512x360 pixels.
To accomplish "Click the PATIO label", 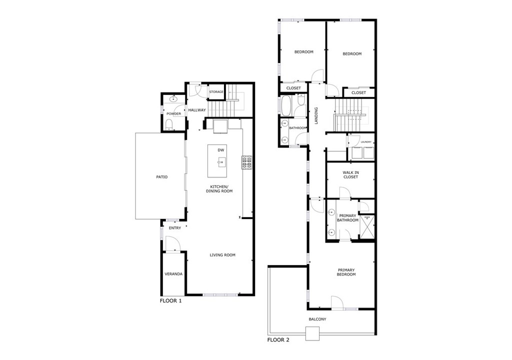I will click(x=161, y=177).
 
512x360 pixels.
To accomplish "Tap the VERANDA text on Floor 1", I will click(x=173, y=274).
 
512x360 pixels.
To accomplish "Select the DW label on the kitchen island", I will click(x=220, y=150).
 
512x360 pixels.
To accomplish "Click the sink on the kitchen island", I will click(x=220, y=161).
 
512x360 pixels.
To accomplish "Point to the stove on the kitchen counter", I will click(x=247, y=162).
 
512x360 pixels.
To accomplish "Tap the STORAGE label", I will click(x=216, y=92).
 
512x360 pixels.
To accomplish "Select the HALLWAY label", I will click(x=196, y=110).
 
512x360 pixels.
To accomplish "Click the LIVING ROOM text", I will click(x=222, y=255).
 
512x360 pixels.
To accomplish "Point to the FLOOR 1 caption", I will click(x=170, y=301).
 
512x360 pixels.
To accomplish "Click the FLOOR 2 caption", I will click(x=278, y=340).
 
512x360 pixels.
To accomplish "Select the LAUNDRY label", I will click(x=366, y=142).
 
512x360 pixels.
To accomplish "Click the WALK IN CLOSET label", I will click(x=350, y=174).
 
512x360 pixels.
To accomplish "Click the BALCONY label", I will click(x=317, y=319).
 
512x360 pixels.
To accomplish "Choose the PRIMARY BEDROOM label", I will click(x=345, y=272).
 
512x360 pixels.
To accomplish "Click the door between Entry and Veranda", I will click(x=171, y=244).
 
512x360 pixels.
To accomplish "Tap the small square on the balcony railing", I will click(x=312, y=333).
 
